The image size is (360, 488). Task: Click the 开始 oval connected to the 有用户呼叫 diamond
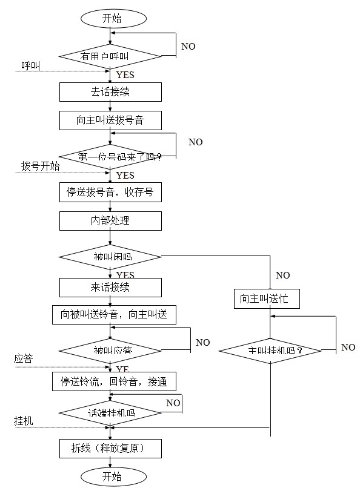[x=110, y=18]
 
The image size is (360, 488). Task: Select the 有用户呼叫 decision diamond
[x=110, y=56]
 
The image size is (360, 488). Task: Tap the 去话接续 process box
[x=110, y=92]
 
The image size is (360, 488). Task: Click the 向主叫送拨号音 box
[x=110, y=120]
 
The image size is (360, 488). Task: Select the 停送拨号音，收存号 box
[x=110, y=193]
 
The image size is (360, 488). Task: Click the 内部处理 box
[x=110, y=221]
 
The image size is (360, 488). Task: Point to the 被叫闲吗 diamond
[x=110, y=257]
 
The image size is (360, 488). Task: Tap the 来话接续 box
[x=110, y=287]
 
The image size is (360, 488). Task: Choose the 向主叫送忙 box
[x=267, y=298]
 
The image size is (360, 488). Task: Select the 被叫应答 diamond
[x=110, y=351]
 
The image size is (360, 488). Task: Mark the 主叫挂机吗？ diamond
[x=270, y=351]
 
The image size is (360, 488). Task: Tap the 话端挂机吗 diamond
[x=110, y=412]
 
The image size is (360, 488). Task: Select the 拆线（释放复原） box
[x=110, y=449]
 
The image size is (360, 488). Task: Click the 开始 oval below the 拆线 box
[x=110, y=476]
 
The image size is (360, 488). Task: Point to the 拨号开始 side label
[x=40, y=166]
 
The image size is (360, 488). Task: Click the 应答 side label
[x=24, y=360]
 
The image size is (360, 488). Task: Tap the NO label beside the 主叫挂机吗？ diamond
[x=348, y=348]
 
